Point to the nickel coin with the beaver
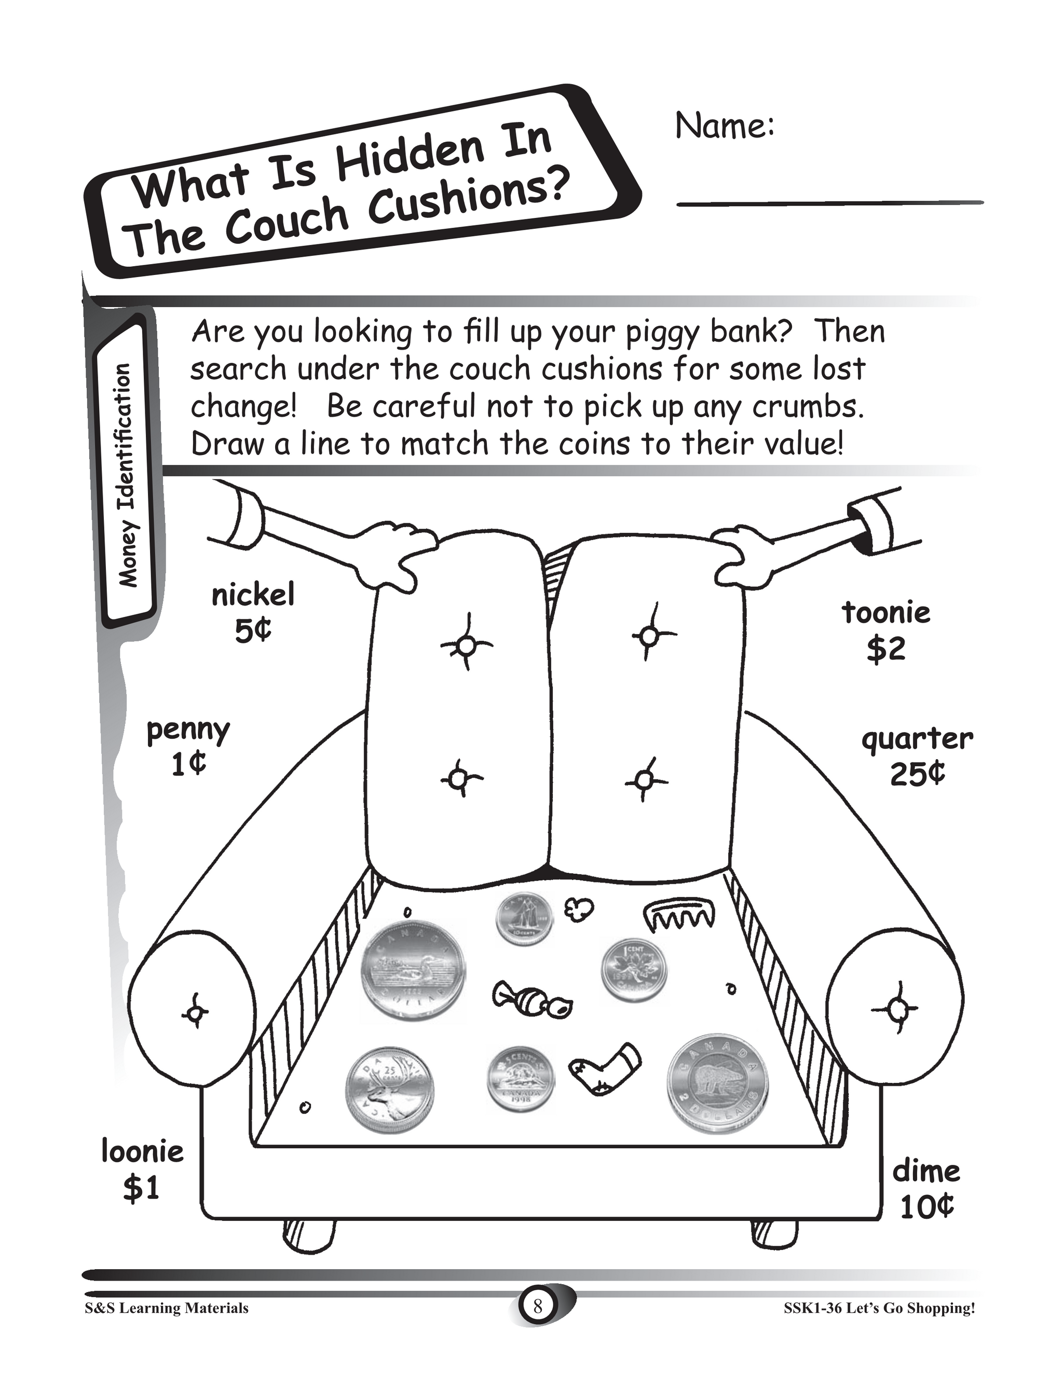pos(520,1080)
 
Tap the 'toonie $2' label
pos(886,630)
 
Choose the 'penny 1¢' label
pos(188,747)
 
